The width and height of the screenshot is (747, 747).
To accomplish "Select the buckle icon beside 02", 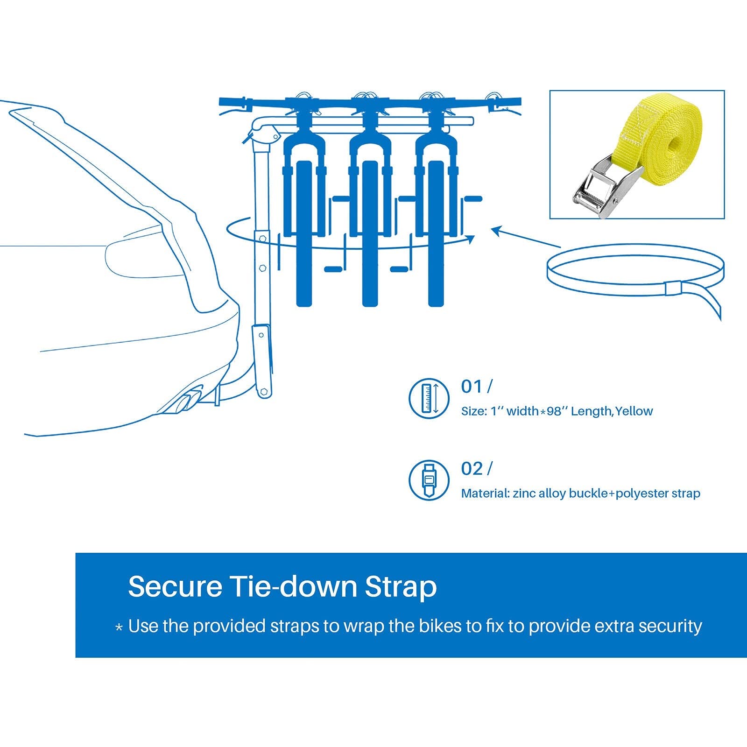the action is pos(429,480).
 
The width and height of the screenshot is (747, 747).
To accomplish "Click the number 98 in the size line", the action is pos(554,411).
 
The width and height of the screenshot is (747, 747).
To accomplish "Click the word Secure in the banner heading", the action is pos(175,586).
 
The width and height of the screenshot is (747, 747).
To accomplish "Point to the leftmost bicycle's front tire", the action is pos(304,233).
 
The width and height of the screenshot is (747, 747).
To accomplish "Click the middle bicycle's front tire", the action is pos(370,233).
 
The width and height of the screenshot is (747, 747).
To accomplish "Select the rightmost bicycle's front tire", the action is pos(436,233).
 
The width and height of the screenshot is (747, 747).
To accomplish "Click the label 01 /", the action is pos(476,387).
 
